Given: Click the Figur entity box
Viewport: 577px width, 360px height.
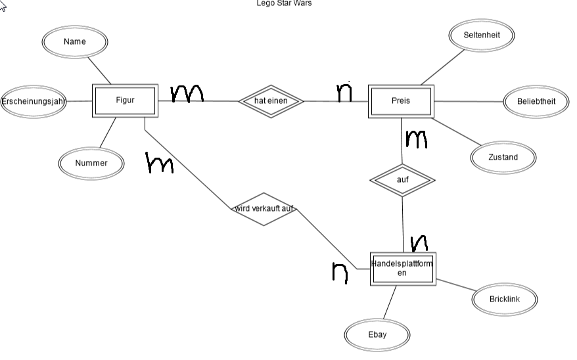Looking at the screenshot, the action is point(125,101).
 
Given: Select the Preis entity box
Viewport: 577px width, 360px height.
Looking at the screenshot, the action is point(401,101).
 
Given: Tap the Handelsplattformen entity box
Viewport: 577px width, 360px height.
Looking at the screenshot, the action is point(403,269).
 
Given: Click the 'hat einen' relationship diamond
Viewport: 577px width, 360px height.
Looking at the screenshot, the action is point(271,101).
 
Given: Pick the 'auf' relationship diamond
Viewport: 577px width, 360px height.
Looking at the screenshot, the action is point(403,180).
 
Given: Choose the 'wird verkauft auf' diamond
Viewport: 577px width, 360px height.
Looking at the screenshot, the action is point(264,209).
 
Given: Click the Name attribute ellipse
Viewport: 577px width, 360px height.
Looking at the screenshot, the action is point(75,42).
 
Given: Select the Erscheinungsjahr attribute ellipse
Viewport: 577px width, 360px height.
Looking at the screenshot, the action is point(33,101).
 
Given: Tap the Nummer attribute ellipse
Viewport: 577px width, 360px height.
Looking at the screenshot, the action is point(91,164).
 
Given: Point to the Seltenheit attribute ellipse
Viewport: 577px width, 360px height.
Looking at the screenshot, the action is point(482,35).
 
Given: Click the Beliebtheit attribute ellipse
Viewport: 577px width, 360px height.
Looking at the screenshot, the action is point(536,101).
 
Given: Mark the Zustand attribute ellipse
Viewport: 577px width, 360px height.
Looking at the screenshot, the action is point(503,158).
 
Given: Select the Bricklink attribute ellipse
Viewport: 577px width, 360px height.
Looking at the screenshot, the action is point(505,300).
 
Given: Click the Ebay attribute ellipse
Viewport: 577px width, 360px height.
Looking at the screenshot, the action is point(377,335).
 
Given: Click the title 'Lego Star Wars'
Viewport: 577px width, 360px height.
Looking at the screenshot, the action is point(284,3).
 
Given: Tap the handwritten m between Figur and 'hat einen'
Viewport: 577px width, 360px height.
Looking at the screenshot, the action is point(187,93).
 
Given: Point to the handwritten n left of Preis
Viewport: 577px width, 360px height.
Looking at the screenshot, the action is point(344,92).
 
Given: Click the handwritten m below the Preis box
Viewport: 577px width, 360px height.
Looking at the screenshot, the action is point(416,139).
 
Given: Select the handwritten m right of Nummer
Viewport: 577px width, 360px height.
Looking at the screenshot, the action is point(159,162).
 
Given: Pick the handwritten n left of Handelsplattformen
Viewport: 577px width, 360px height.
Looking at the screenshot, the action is point(340,273).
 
